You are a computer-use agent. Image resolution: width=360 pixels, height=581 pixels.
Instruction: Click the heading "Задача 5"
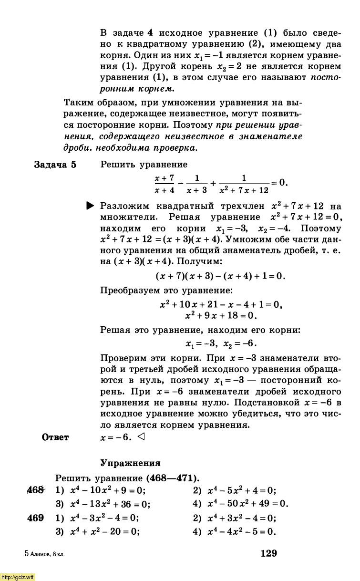[x=55, y=165]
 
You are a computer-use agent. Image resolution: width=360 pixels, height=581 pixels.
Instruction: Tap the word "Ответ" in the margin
[x=55, y=437]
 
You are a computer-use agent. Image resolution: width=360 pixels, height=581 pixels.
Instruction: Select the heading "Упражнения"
[x=130, y=463]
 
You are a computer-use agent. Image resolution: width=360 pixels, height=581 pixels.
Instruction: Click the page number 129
[x=268, y=553]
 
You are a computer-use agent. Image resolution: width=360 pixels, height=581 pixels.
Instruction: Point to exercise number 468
[x=35, y=490]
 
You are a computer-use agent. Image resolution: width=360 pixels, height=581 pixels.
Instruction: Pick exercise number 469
[x=35, y=518]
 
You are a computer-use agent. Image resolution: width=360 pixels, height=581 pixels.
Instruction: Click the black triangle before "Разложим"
[x=91, y=206]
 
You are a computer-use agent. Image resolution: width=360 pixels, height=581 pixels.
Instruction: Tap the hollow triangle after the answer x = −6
[x=140, y=436]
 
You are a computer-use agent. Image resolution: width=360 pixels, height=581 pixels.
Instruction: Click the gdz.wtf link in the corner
[x=18, y=577]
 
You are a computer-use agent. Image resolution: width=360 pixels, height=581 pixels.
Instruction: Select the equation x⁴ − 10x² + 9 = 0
[x=107, y=490]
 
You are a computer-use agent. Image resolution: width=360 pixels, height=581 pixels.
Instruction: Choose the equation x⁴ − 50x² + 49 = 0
[x=247, y=504]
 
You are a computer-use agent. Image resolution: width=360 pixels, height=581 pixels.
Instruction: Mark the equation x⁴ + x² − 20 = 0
[x=104, y=532]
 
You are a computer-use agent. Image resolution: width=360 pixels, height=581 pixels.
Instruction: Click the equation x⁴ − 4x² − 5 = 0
[x=241, y=532]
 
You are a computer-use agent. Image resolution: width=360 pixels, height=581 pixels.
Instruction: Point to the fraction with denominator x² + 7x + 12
[x=244, y=184]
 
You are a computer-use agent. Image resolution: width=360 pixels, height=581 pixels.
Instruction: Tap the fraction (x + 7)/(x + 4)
[x=165, y=184]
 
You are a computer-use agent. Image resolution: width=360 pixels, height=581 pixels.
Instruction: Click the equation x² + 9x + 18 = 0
[x=221, y=315]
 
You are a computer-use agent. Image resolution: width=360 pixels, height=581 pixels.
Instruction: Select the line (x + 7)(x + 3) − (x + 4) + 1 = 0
[x=220, y=276]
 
